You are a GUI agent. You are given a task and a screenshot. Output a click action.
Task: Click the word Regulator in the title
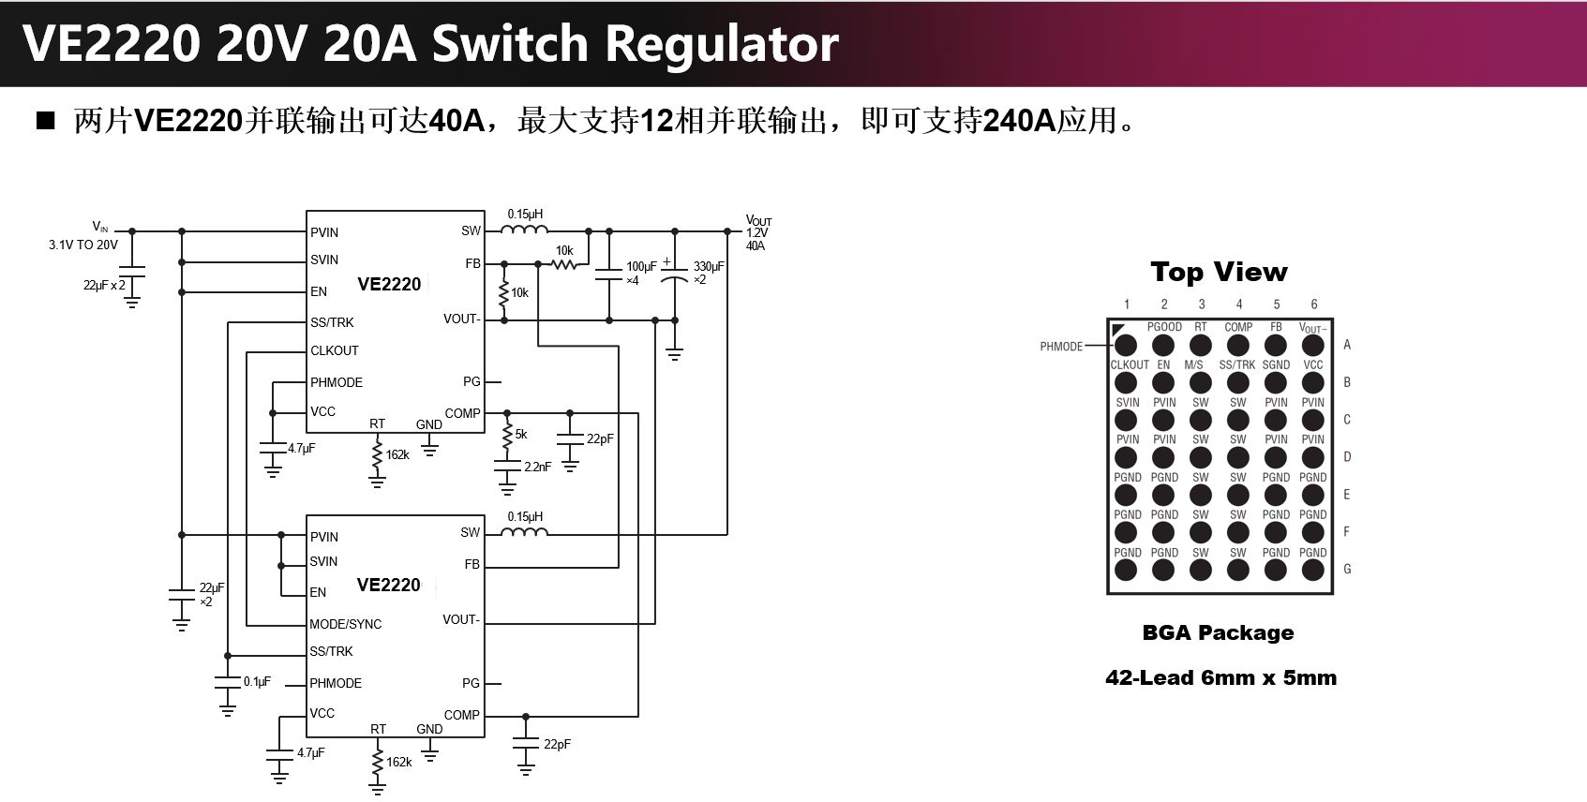pyautogui.click(x=721, y=44)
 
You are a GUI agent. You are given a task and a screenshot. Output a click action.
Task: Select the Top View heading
pyautogui.click(x=1219, y=272)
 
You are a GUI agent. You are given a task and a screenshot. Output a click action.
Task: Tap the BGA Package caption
pyautogui.click(x=1218, y=632)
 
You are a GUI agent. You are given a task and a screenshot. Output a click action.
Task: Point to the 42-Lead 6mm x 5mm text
pyautogui.click(x=1220, y=677)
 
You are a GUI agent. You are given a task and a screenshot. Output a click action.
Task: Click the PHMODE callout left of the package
pyautogui.click(x=1061, y=347)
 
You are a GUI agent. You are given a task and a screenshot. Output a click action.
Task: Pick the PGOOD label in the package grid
pyautogui.click(x=1164, y=327)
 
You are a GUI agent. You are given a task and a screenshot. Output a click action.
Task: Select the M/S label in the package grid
pyautogui.click(x=1193, y=364)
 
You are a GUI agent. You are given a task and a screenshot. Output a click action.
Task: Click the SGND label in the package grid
pyautogui.click(x=1276, y=364)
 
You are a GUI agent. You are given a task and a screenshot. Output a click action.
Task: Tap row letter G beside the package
pyautogui.click(x=1347, y=569)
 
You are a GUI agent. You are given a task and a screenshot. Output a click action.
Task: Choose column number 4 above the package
pyautogui.click(x=1239, y=304)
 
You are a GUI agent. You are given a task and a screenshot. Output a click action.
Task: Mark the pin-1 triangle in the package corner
pyautogui.click(x=1117, y=330)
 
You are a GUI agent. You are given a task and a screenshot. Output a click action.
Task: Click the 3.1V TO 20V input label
pyautogui.click(x=83, y=245)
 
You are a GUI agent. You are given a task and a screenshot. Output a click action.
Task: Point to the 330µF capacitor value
pyautogui.click(x=709, y=266)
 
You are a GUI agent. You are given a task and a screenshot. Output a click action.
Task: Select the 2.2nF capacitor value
pyautogui.click(x=537, y=467)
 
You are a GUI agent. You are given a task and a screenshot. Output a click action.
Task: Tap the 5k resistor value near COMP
pyautogui.click(x=521, y=435)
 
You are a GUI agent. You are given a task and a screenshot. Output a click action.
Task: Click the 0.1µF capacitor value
pyautogui.click(x=257, y=682)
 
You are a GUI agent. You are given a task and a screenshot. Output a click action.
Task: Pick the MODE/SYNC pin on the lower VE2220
pyautogui.click(x=346, y=624)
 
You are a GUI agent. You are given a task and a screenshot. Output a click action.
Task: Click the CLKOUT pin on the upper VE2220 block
pyautogui.click(x=335, y=350)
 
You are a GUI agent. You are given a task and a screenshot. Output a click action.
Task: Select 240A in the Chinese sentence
pyautogui.click(x=1020, y=121)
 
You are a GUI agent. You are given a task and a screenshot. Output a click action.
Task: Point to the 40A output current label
pyautogui.click(x=756, y=246)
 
